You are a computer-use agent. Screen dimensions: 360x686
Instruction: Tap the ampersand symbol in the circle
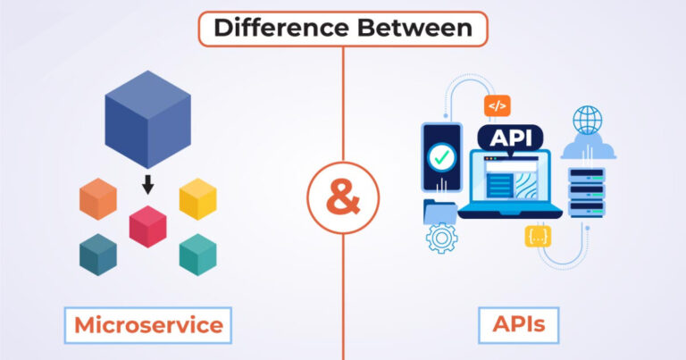coord(343,196)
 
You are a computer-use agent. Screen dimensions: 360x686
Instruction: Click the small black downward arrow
coord(148,185)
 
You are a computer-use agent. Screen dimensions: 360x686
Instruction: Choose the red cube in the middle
coord(148,225)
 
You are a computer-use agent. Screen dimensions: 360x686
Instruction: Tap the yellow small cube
coord(198,198)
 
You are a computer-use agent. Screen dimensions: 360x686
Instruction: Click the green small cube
coord(198,255)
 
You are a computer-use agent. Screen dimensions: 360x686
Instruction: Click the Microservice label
coord(148,324)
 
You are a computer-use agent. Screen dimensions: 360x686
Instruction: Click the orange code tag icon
coord(497,105)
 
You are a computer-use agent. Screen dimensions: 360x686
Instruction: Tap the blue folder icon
coord(440,211)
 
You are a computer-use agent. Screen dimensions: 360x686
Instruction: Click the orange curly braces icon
coord(539,237)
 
